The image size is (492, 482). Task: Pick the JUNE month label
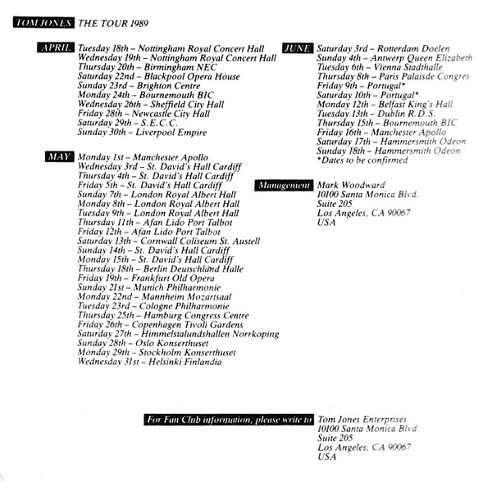[x=298, y=48]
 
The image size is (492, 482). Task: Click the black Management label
[x=284, y=186]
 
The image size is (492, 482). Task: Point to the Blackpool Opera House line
[x=158, y=77]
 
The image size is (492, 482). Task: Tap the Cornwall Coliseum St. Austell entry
[x=168, y=241]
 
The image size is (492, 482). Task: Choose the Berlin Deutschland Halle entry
[x=161, y=269]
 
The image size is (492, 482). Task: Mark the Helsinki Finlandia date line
[x=149, y=362]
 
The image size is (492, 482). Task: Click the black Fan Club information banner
[x=229, y=420]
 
